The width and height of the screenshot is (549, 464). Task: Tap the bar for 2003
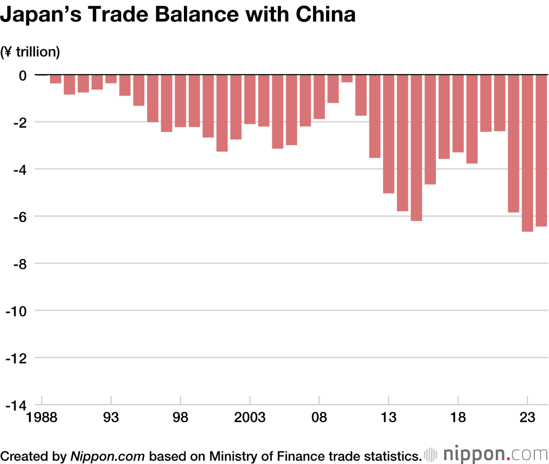click(250, 99)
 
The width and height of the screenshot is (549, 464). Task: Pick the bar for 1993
click(111, 79)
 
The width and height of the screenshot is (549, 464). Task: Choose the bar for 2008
click(319, 97)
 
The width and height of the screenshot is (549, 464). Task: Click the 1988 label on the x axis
click(42, 418)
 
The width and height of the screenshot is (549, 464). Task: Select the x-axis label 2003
click(250, 418)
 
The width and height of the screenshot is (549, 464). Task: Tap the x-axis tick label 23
click(527, 418)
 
